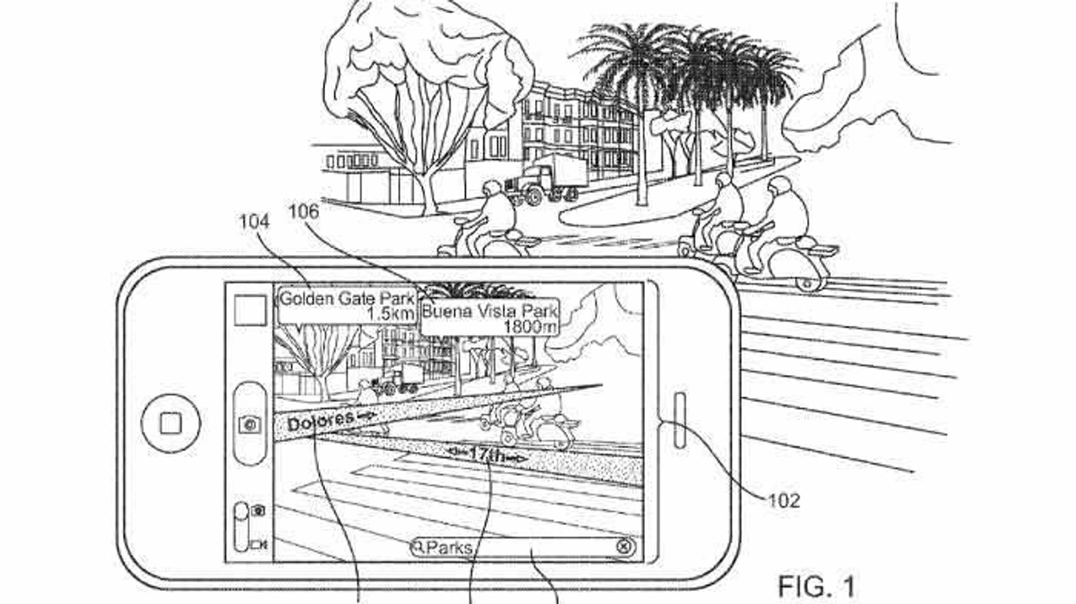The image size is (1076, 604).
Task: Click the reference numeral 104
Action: click(254, 222)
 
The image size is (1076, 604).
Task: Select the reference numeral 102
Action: click(783, 499)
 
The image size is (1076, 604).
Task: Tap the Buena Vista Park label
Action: click(490, 310)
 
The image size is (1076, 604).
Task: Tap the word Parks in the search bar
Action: click(449, 547)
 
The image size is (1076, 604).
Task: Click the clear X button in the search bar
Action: click(625, 546)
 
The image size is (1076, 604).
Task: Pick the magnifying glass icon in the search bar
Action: click(418, 547)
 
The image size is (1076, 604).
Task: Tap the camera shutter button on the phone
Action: click(251, 423)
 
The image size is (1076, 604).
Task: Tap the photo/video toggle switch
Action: click(242, 526)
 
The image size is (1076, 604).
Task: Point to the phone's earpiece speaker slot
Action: click(679, 420)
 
